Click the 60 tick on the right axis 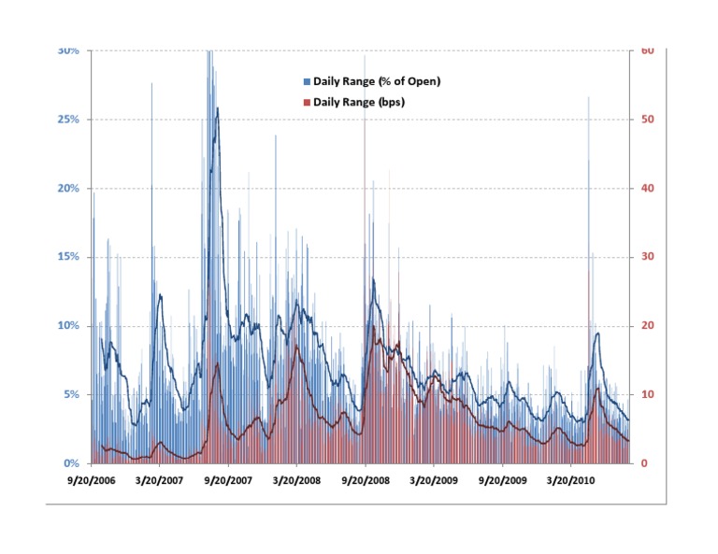pyautogui.click(x=645, y=50)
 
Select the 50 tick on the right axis pyautogui.click(x=645, y=120)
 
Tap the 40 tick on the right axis pyautogui.click(x=645, y=188)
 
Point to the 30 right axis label pyautogui.click(x=645, y=257)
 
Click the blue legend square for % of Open pyautogui.click(x=309, y=82)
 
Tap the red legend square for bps pyautogui.click(x=309, y=102)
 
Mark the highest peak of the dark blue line pyautogui.click(x=218, y=108)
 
